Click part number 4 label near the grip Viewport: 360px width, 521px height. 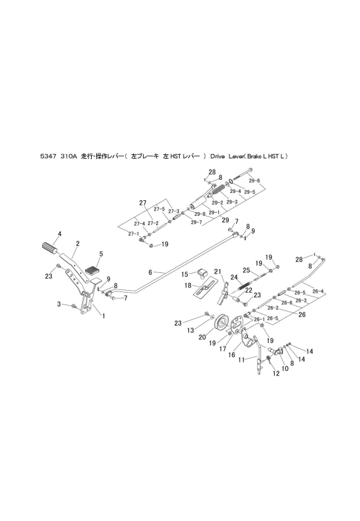coord(59,234)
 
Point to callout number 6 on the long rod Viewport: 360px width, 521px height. coord(150,272)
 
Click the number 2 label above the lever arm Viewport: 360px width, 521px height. coord(77,243)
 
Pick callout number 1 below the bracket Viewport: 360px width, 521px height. coord(102,316)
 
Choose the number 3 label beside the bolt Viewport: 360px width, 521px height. coord(58,304)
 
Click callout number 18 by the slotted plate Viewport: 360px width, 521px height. coord(188,285)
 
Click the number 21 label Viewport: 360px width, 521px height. coord(217,270)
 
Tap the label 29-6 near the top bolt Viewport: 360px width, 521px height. coord(254,181)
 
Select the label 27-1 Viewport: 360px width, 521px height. coord(133,234)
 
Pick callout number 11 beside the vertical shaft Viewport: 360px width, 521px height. coord(241,359)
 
